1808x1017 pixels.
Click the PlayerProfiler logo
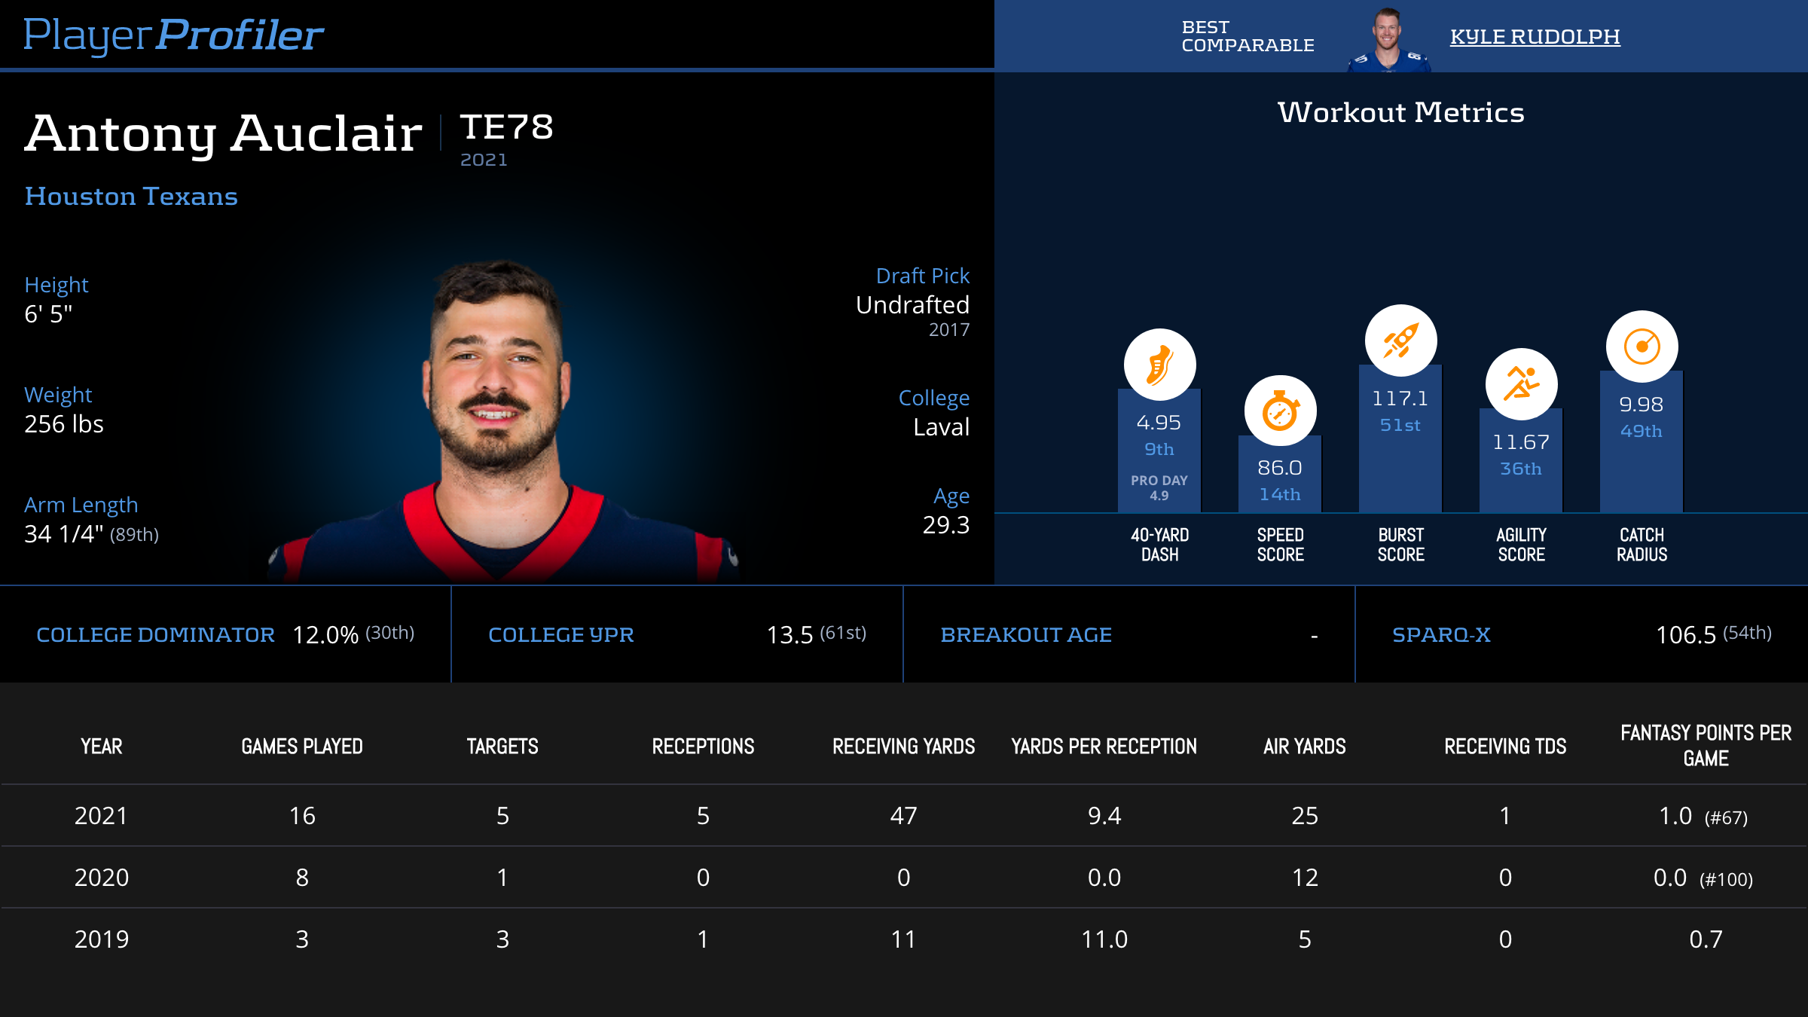[173, 35]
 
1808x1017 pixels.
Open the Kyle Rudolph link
[1535, 37]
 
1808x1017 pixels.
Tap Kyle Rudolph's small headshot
[1388, 39]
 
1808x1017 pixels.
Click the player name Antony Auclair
[223, 133]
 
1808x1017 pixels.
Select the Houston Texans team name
[131, 197]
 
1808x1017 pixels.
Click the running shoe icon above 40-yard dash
[1159, 365]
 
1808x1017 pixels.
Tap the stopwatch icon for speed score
[1280, 411]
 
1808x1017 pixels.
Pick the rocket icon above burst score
[1400, 341]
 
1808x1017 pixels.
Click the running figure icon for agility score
[1521, 384]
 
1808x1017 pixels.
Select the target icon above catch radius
[1642, 347]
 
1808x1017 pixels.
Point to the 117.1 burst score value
[1400, 399]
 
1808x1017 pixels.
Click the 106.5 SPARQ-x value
[1685, 635]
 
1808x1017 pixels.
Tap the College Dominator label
[155, 635]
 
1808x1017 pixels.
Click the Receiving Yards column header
[903, 747]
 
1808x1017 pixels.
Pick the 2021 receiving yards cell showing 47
[903, 816]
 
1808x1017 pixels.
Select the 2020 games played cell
[302, 878]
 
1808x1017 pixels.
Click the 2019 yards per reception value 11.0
[1104, 939]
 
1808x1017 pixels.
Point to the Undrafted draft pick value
[912, 305]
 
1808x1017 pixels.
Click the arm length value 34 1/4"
[64, 534]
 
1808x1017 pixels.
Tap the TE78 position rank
[506, 127]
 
